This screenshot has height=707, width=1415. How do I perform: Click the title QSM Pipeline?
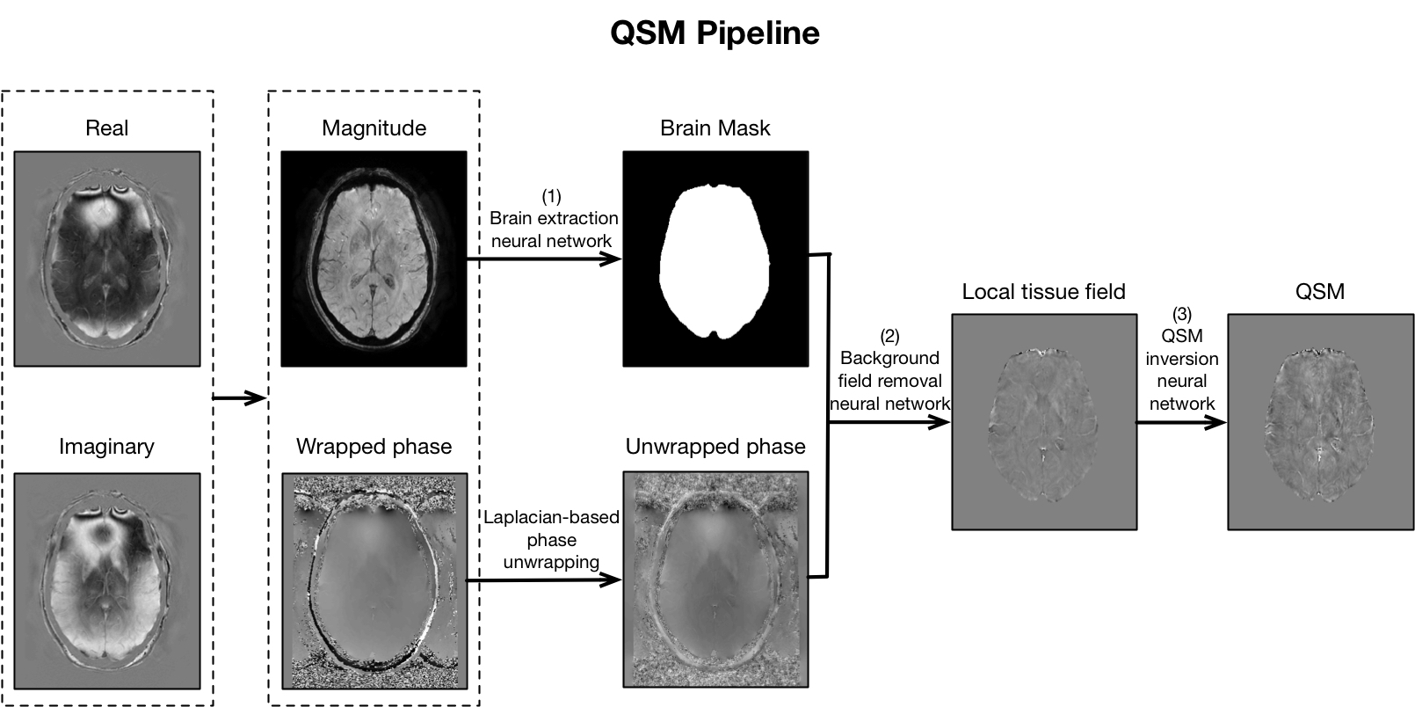[x=715, y=33]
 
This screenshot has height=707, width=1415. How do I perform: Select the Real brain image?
[x=107, y=259]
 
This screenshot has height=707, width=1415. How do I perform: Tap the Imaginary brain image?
[x=107, y=580]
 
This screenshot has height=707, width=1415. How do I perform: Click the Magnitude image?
[x=374, y=259]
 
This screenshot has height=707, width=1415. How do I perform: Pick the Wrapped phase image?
[x=374, y=580]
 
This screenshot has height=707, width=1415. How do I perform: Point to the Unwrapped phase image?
[x=715, y=580]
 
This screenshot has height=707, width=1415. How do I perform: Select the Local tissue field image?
[x=1044, y=422]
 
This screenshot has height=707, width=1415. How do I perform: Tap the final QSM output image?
[x=1320, y=422]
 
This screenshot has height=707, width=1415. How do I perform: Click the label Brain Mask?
[x=715, y=128]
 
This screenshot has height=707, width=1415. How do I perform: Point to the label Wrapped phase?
[x=374, y=447]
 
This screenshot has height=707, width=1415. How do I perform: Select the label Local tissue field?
[x=1043, y=292]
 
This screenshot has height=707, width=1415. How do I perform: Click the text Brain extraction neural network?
[x=552, y=219]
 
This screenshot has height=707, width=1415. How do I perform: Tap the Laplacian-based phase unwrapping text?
[x=551, y=540]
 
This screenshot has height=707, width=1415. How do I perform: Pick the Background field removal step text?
[x=889, y=370]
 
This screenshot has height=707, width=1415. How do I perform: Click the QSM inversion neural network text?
[x=1182, y=359]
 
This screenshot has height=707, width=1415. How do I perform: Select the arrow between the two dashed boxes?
[x=240, y=398]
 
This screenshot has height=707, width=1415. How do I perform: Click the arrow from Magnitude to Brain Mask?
[x=545, y=259]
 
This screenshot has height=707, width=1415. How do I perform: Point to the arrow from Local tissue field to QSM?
[x=1181, y=423]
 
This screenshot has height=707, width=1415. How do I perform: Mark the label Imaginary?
[x=106, y=447]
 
